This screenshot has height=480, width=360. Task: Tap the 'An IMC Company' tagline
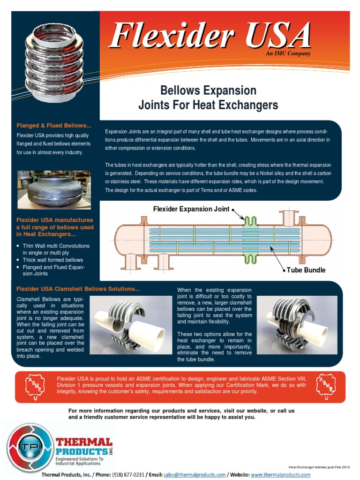pyautogui.click(x=288, y=54)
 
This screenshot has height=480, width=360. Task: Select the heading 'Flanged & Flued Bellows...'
pyautogui.click(x=54, y=126)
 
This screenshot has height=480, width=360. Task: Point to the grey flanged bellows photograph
pyautogui.click(x=54, y=190)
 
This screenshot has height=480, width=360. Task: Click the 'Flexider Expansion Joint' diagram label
pyautogui.click(x=191, y=209)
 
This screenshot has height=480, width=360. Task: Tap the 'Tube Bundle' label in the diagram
pyautogui.click(x=307, y=270)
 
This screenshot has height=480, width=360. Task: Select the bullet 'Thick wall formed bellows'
pyautogui.click(x=53, y=260)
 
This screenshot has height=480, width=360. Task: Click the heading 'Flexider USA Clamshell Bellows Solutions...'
pyautogui.click(x=78, y=289)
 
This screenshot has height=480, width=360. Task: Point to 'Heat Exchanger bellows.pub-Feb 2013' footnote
pyautogui.click(x=319, y=467)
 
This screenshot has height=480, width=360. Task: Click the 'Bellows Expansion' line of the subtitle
pyautogui.click(x=208, y=90)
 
